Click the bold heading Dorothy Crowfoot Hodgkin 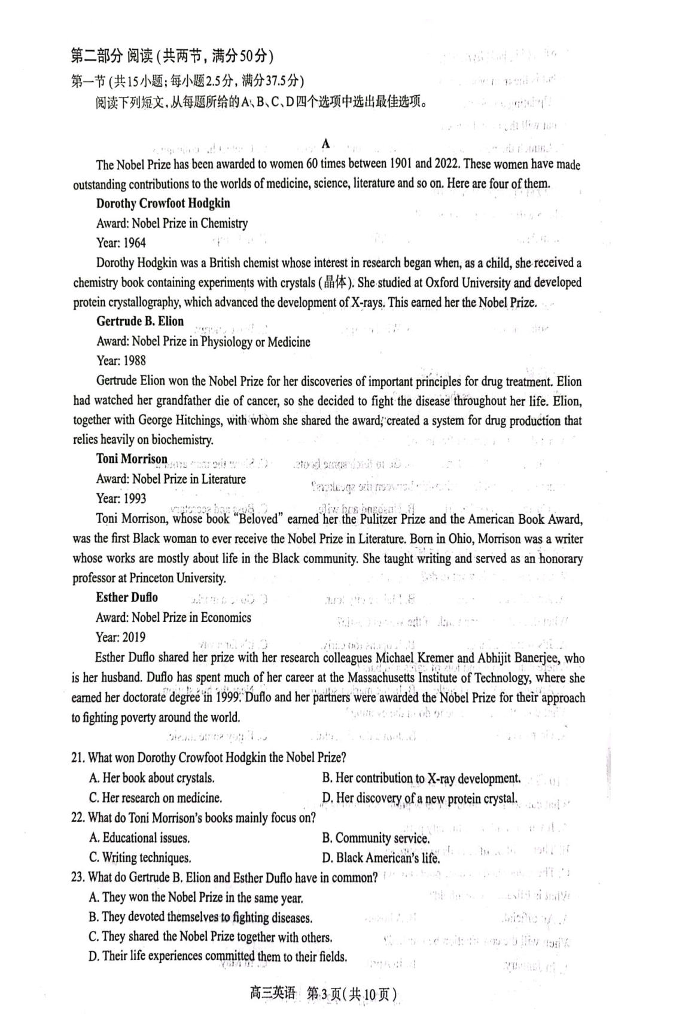[x=163, y=203]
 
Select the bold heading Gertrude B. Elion [x=140, y=321]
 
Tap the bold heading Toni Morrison [x=132, y=459]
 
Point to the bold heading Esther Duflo [x=127, y=597]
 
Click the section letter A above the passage [x=325, y=143]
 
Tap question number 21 [x=78, y=758]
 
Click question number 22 [x=78, y=817]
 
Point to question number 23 [x=78, y=878]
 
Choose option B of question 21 [x=421, y=778]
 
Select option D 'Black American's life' [x=380, y=858]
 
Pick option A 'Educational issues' [x=139, y=838]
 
